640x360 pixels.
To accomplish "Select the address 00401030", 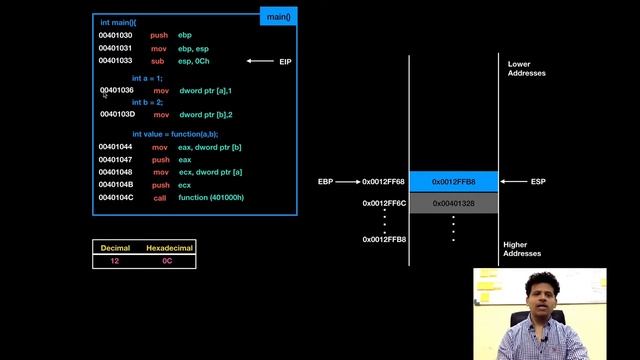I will [x=116, y=35].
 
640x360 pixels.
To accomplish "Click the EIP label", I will [x=285, y=62].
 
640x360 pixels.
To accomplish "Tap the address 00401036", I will [x=116, y=90].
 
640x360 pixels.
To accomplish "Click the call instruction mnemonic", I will [x=159, y=198].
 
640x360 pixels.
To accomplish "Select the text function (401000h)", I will [x=211, y=198].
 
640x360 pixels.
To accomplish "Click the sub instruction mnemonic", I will [x=158, y=61].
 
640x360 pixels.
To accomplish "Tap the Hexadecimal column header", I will [x=169, y=246].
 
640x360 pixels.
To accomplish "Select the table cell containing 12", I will [x=115, y=260].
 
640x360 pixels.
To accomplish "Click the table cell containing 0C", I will [x=168, y=260].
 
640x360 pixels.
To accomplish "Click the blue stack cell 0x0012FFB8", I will [x=453, y=182].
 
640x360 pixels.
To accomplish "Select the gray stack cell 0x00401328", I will [x=453, y=203].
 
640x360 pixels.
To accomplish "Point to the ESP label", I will [x=538, y=182].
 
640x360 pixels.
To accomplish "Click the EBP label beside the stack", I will [x=325, y=182].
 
